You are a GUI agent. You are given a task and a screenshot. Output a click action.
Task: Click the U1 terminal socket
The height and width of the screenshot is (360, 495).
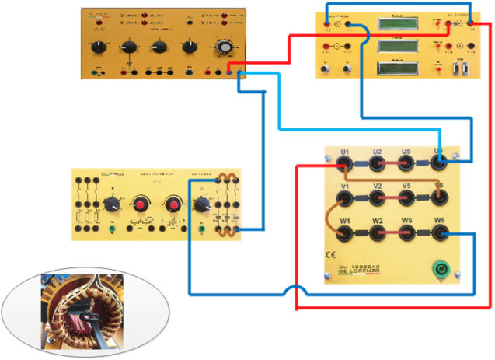coord(345,163)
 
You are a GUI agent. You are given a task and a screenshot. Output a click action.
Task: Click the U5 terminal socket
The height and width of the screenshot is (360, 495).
coord(406,163)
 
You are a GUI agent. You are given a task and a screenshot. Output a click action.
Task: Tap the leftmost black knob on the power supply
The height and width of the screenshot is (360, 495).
coord(99,47)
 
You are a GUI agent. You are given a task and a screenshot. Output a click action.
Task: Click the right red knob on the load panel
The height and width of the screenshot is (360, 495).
coord(172,204)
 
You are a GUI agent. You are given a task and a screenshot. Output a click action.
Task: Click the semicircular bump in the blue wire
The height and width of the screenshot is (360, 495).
coord(296,291)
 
